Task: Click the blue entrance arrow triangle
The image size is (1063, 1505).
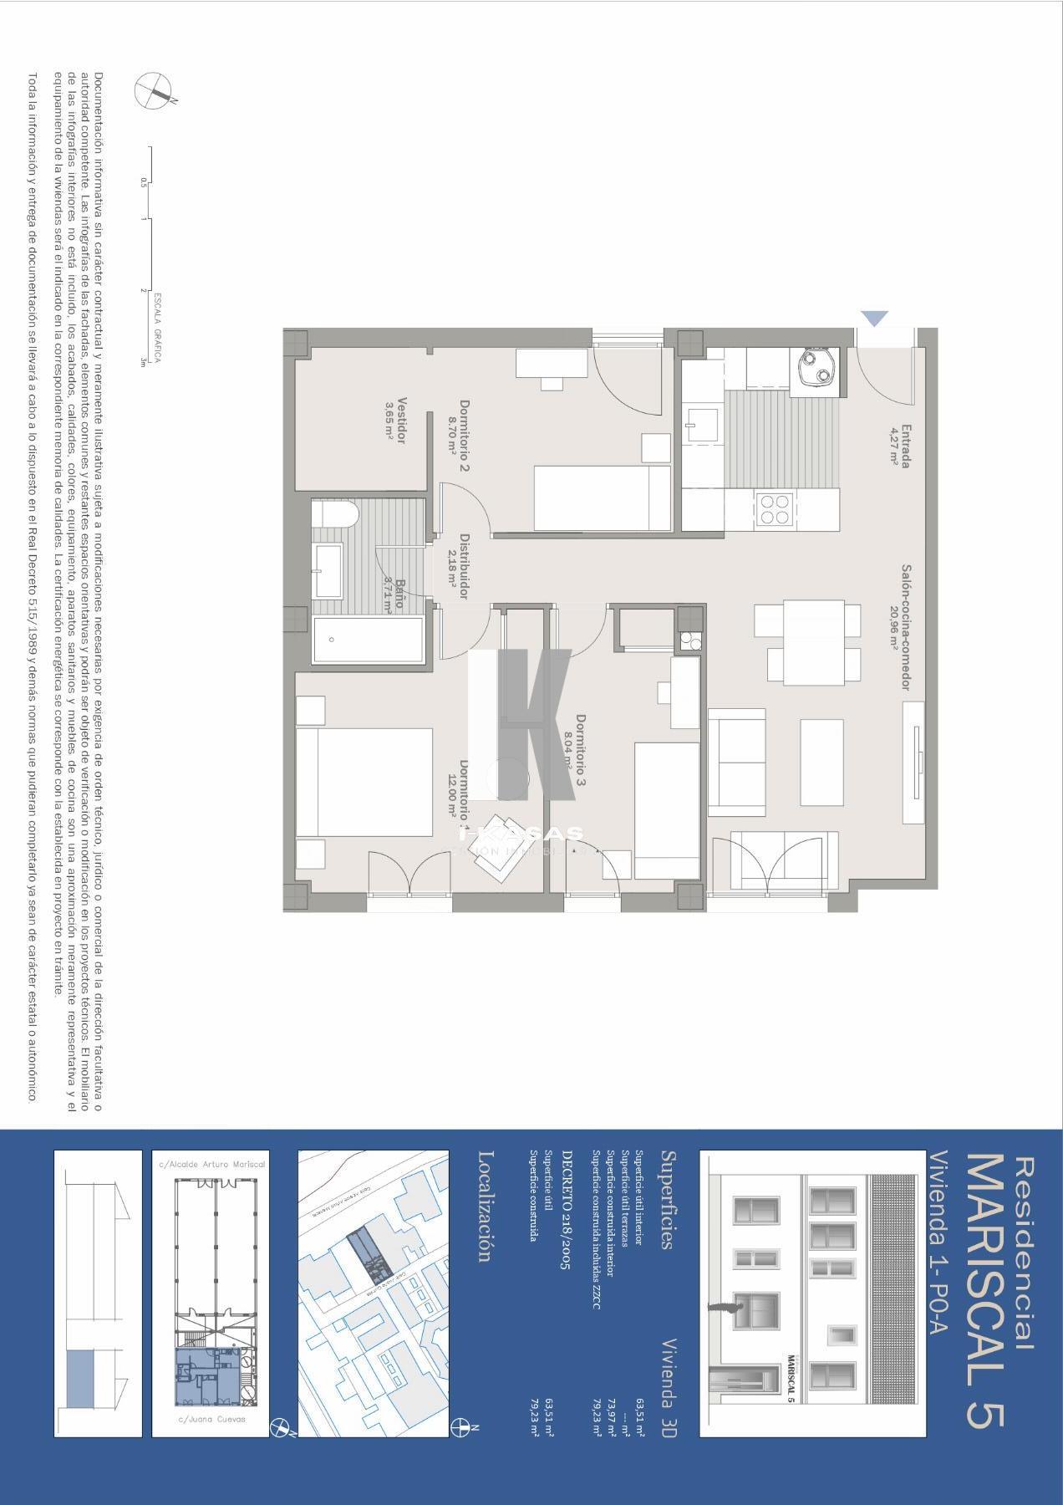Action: pos(875,318)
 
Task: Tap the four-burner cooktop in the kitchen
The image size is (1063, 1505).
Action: pos(774,509)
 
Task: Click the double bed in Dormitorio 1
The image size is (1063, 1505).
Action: pos(364,781)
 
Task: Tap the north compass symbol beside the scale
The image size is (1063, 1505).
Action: pos(155,89)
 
